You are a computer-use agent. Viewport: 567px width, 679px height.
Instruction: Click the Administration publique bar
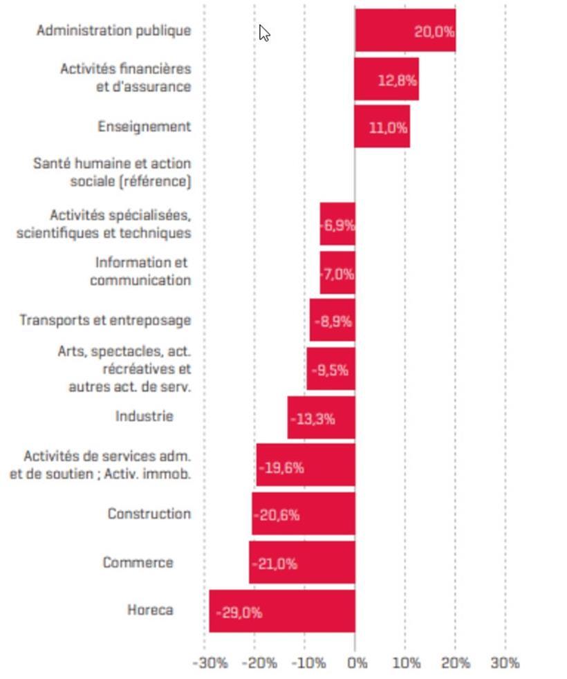coord(405,30)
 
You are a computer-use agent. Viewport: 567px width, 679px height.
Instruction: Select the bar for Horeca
coord(282,611)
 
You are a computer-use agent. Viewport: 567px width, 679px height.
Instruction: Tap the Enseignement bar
coord(382,127)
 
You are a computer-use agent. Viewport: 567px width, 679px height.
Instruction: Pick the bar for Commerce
coord(302,563)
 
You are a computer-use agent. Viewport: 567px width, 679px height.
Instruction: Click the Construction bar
coord(304,514)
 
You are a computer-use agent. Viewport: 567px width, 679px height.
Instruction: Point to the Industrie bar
coord(321,418)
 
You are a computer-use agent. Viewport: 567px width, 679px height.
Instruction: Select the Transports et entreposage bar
coord(332,321)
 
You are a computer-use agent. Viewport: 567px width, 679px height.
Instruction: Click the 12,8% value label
coord(397,80)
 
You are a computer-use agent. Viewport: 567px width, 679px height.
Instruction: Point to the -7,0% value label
coord(338,274)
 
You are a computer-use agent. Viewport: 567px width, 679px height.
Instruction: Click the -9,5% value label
coord(330,370)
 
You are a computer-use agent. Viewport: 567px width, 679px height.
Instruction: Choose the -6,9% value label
coord(338,225)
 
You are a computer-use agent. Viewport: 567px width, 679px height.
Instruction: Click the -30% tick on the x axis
coord(210,663)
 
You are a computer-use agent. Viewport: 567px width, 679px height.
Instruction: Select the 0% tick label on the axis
coord(357,663)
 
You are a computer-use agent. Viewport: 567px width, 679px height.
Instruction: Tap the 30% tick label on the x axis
coord(505,663)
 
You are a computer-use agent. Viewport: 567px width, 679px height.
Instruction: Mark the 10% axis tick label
coord(407,663)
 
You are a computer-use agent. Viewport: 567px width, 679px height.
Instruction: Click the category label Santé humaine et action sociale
coord(112,173)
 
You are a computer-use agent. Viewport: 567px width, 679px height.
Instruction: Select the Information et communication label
coord(140,272)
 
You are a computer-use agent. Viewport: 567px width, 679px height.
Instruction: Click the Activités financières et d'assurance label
coord(126,77)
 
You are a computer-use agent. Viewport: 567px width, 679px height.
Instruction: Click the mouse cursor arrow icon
coord(264,32)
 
